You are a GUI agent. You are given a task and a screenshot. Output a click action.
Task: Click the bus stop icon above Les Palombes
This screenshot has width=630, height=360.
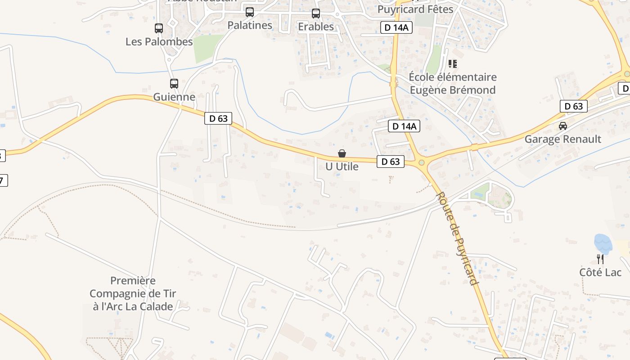coord(159,28)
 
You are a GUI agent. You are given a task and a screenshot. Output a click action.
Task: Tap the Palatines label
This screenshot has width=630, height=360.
coord(250,25)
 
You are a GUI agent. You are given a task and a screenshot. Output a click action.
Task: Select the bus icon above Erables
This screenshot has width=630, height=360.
coord(316,13)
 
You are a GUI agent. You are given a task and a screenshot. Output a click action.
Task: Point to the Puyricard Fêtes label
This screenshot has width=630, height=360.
coord(415,9)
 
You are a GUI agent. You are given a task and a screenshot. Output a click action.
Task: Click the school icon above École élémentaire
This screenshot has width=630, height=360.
coord(453,64)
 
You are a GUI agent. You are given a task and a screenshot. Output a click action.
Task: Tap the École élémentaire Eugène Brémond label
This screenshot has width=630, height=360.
coord(453,84)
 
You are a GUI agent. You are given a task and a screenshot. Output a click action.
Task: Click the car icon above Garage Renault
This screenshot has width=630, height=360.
coord(562,126)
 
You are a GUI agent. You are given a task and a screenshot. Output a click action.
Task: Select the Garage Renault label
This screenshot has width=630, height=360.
coord(562,139)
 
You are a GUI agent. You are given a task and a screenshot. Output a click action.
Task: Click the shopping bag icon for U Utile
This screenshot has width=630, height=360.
coord(342,154)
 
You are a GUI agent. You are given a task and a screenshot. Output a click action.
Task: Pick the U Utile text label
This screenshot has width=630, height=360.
coord(342,166)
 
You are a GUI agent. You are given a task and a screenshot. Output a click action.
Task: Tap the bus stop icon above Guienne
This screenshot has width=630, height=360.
coord(174,84)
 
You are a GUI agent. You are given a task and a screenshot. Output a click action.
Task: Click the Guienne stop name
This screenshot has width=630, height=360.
coord(174,97)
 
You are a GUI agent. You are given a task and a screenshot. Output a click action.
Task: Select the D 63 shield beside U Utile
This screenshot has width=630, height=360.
coord(390,162)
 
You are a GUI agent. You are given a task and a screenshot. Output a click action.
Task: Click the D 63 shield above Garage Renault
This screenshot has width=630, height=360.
coord(574,106)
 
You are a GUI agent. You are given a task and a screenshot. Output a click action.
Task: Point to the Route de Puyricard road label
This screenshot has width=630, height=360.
coord(457,238)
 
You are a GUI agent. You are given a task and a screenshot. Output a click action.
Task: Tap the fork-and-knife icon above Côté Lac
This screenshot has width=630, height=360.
coord(600,259)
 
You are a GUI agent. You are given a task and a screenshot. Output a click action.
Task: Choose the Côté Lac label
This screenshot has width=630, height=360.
coord(600,272)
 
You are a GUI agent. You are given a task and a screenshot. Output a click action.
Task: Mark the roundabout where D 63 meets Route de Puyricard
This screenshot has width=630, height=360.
coord(422,163)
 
